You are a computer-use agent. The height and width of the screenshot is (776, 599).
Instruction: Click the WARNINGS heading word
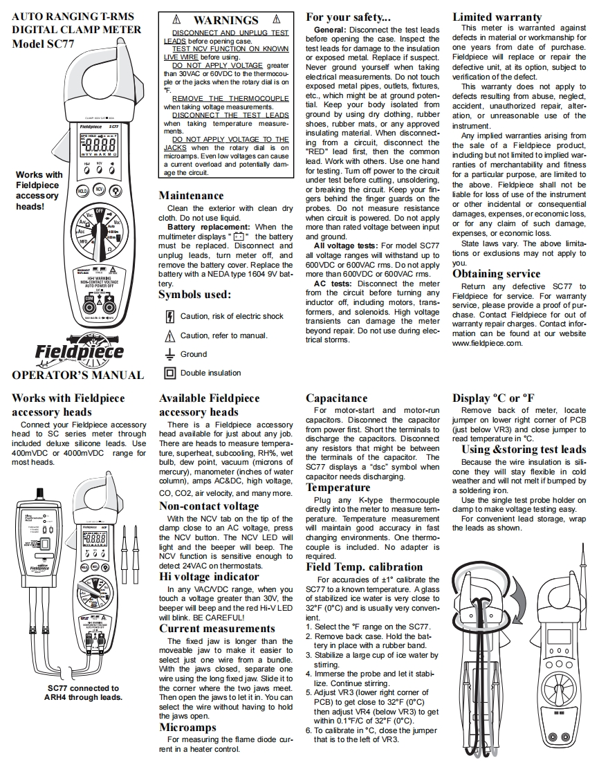tap(225, 21)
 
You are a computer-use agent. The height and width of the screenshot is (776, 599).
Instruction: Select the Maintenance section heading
tap(192, 196)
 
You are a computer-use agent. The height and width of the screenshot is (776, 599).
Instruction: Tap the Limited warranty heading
tap(497, 17)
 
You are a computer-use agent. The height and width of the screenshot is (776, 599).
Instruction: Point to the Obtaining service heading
tap(497, 273)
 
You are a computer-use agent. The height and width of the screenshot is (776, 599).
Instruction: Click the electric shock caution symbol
tap(169, 317)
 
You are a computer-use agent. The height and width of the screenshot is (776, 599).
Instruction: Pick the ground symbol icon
tap(169, 353)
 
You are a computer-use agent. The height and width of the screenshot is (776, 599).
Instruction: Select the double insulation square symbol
tap(169, 373)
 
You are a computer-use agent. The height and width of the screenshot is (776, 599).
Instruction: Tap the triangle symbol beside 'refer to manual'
tap(169, 335)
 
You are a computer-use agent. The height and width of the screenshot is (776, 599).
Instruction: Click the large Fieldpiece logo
tap(80, 351)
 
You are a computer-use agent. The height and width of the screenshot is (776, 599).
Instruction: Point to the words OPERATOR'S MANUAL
tap(77, 376)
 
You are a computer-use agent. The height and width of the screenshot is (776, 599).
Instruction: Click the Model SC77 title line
tap(43, 43)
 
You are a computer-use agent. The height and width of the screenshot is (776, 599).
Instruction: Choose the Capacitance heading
tap(337, 398)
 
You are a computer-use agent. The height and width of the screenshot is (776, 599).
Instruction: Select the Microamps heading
tap(187, 728)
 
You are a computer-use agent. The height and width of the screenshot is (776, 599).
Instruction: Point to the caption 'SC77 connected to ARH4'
tap(83, 692)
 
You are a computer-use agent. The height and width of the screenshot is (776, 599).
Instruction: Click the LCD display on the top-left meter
tap(97, 147)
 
